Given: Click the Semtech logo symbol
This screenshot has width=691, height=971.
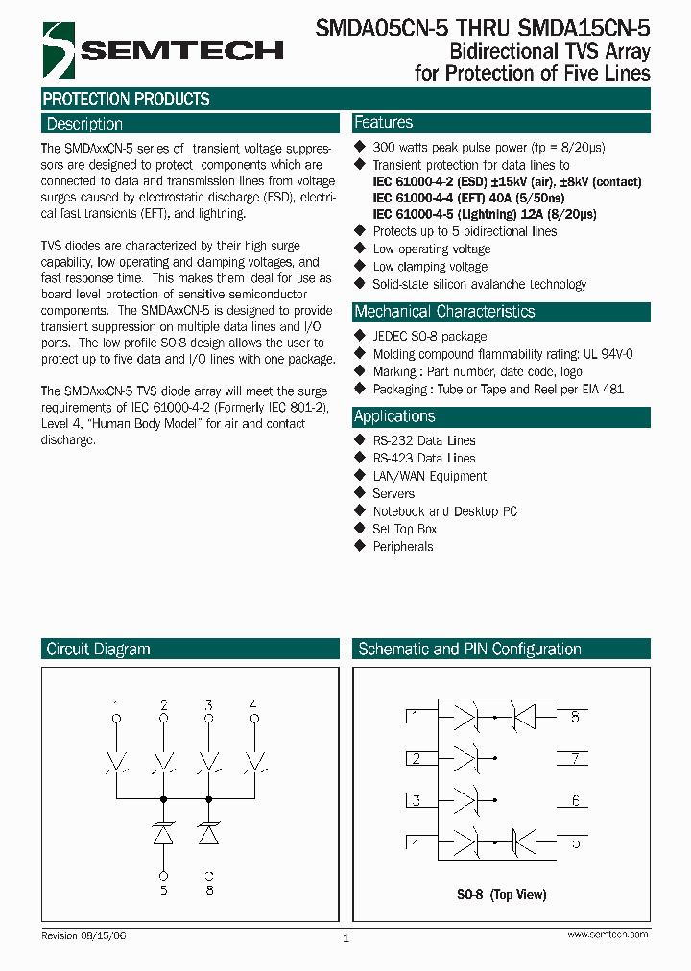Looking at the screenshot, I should pyautogui.click(x=59, y=49).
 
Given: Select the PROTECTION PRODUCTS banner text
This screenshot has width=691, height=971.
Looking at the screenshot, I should pyautogui.click(x=126, y=99).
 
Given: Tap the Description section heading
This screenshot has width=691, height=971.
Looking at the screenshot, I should pyautogui.click(x=84, y=124).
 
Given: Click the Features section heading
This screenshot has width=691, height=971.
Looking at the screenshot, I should pyautogui.click(x=383, y=123).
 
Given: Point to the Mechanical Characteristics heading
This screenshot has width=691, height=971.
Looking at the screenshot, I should pyautogui.click(x=444, y=312).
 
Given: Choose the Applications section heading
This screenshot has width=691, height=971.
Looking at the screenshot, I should pyautogui.click(x=394, y=416).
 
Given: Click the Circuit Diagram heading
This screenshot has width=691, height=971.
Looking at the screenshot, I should pyautogui.click(x=98, y=650).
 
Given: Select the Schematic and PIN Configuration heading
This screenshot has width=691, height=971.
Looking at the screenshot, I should pyautogui.click(x=469, y=650).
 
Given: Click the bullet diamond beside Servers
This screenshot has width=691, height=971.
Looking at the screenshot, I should pyautogui.click(x=360, y=493).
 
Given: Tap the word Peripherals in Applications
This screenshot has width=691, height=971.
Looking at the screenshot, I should pyautogui.click(x=403, y=547).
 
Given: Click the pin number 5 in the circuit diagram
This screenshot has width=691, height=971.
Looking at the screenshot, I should pyautogui.click(x=164, y=889).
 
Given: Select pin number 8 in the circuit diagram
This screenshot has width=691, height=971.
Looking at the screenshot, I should pyautogui.click(x=209, y=889).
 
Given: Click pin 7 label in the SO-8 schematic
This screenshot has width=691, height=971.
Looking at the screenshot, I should pyautogui.click(x=575, y=759).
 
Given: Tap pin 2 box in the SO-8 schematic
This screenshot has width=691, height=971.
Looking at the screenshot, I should pyautogui.click(x=417, y=759).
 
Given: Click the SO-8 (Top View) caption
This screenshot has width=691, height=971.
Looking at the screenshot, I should pyautogui.click(x=501, y=895).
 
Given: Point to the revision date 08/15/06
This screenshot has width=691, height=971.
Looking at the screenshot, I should pyautogui.click(x=104, y=935).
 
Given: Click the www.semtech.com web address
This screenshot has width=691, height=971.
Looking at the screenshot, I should pyautogui.click(x=608, y=935).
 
